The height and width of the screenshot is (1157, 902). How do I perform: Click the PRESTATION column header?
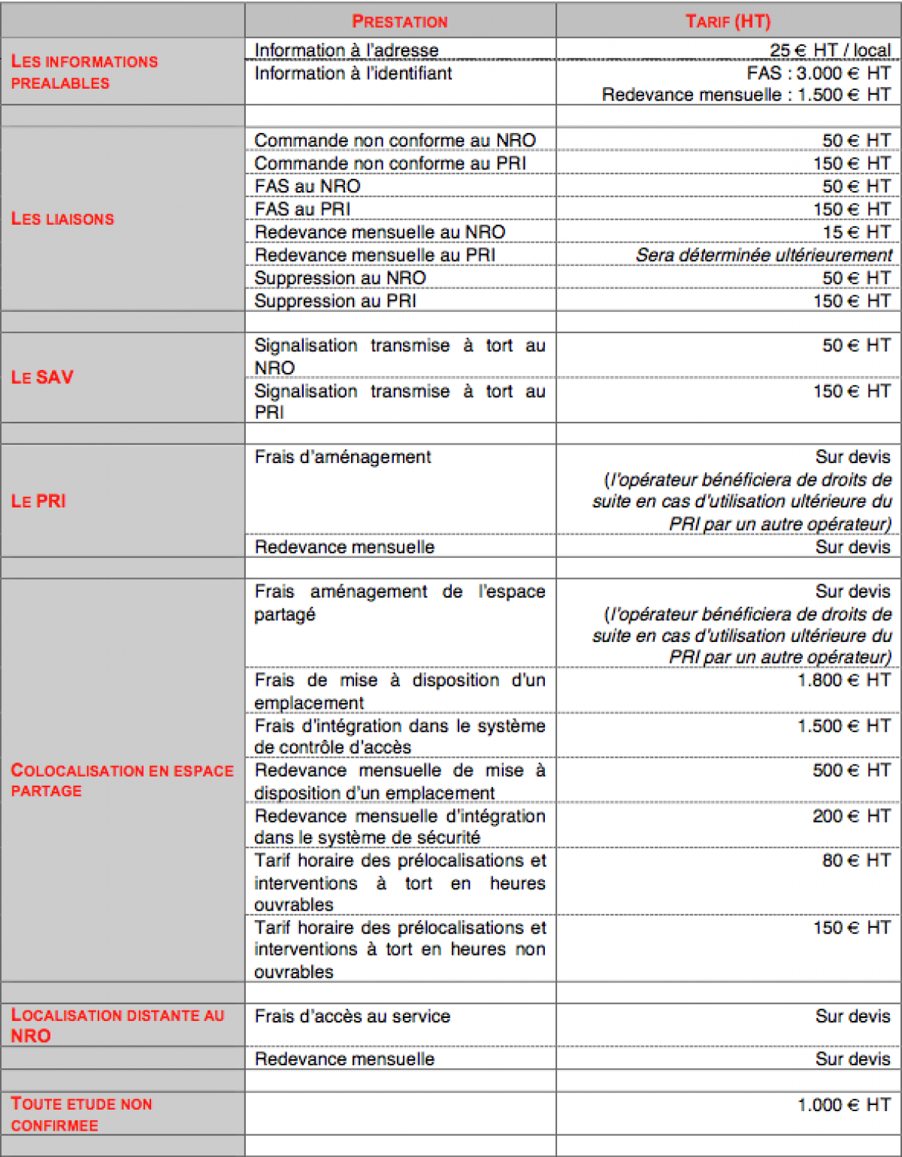click(x=399, y=21)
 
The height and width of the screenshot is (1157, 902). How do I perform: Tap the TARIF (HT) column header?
click(x=728, y=21)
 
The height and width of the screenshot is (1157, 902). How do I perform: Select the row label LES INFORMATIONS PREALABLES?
click(x=84, y=72)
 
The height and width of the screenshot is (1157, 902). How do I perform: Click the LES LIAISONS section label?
click(x=62, y=219)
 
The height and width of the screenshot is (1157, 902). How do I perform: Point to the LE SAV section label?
click(x=42, y=377)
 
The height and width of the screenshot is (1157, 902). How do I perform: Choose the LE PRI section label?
click(x=38, y=501)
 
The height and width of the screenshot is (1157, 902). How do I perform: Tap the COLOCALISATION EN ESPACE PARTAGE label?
click(x=122, y=780)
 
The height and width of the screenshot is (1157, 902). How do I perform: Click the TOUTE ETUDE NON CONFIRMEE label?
click(x=81, y=1114)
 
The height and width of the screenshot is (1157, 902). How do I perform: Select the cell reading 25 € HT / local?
click(x=829, y=50)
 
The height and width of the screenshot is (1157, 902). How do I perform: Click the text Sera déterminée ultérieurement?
click(x=764, y=255)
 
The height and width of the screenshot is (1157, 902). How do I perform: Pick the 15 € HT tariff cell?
click(x=855, y=232)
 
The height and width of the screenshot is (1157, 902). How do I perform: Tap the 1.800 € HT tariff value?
click(x=843, y=680)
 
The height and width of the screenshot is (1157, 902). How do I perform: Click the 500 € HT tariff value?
click(x=851, y=771)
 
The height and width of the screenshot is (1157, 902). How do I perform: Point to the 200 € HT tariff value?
click(x=851, y=816)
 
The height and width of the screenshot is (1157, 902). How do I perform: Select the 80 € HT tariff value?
click(x=855, y=860)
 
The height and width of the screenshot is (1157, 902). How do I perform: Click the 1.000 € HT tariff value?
click(x=843, y=1104)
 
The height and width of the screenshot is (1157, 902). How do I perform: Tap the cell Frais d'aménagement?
click(x=343, y=457)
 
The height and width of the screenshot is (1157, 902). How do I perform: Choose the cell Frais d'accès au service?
click(x=352, y=1016)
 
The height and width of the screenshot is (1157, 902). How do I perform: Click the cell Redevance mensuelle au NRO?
click(x=380, y=232)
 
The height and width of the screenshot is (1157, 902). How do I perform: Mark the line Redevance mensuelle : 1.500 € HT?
click(x=746, y=95)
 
